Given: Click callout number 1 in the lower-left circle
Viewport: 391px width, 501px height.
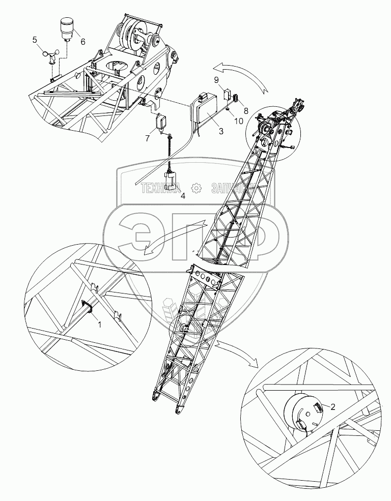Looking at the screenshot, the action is [100, 323].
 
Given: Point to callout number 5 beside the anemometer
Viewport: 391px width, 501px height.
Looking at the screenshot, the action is [35, 40].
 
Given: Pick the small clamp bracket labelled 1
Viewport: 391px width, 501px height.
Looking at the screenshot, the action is [87, 307].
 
